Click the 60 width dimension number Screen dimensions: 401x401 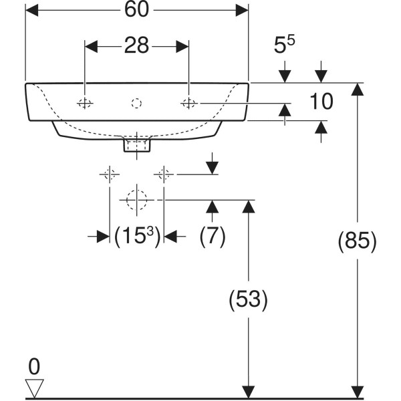coord(136,10)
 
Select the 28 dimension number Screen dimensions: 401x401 coord(136,45)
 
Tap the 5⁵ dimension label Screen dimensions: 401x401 coord(284,45)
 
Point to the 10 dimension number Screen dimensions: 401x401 coord(321,102)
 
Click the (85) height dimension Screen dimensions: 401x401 coord(358,241)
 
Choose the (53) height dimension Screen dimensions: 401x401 coord(248,299)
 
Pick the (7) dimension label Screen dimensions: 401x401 coord(213,236)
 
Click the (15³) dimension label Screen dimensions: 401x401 coord(137,236)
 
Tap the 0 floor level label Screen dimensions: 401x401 coord(34,366)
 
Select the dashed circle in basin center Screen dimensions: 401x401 coord(136,104)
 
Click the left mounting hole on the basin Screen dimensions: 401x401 coord(85,104)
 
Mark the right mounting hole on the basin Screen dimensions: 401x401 coord(188,104)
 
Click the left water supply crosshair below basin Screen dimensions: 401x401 coord(110,174)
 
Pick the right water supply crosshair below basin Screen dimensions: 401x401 coord(164,174)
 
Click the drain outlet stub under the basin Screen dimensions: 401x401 coord(137,145)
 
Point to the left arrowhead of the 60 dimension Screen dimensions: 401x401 coord(31,10)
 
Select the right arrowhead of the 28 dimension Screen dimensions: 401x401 coord(182,47)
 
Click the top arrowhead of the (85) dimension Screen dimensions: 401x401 coord(358,90)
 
